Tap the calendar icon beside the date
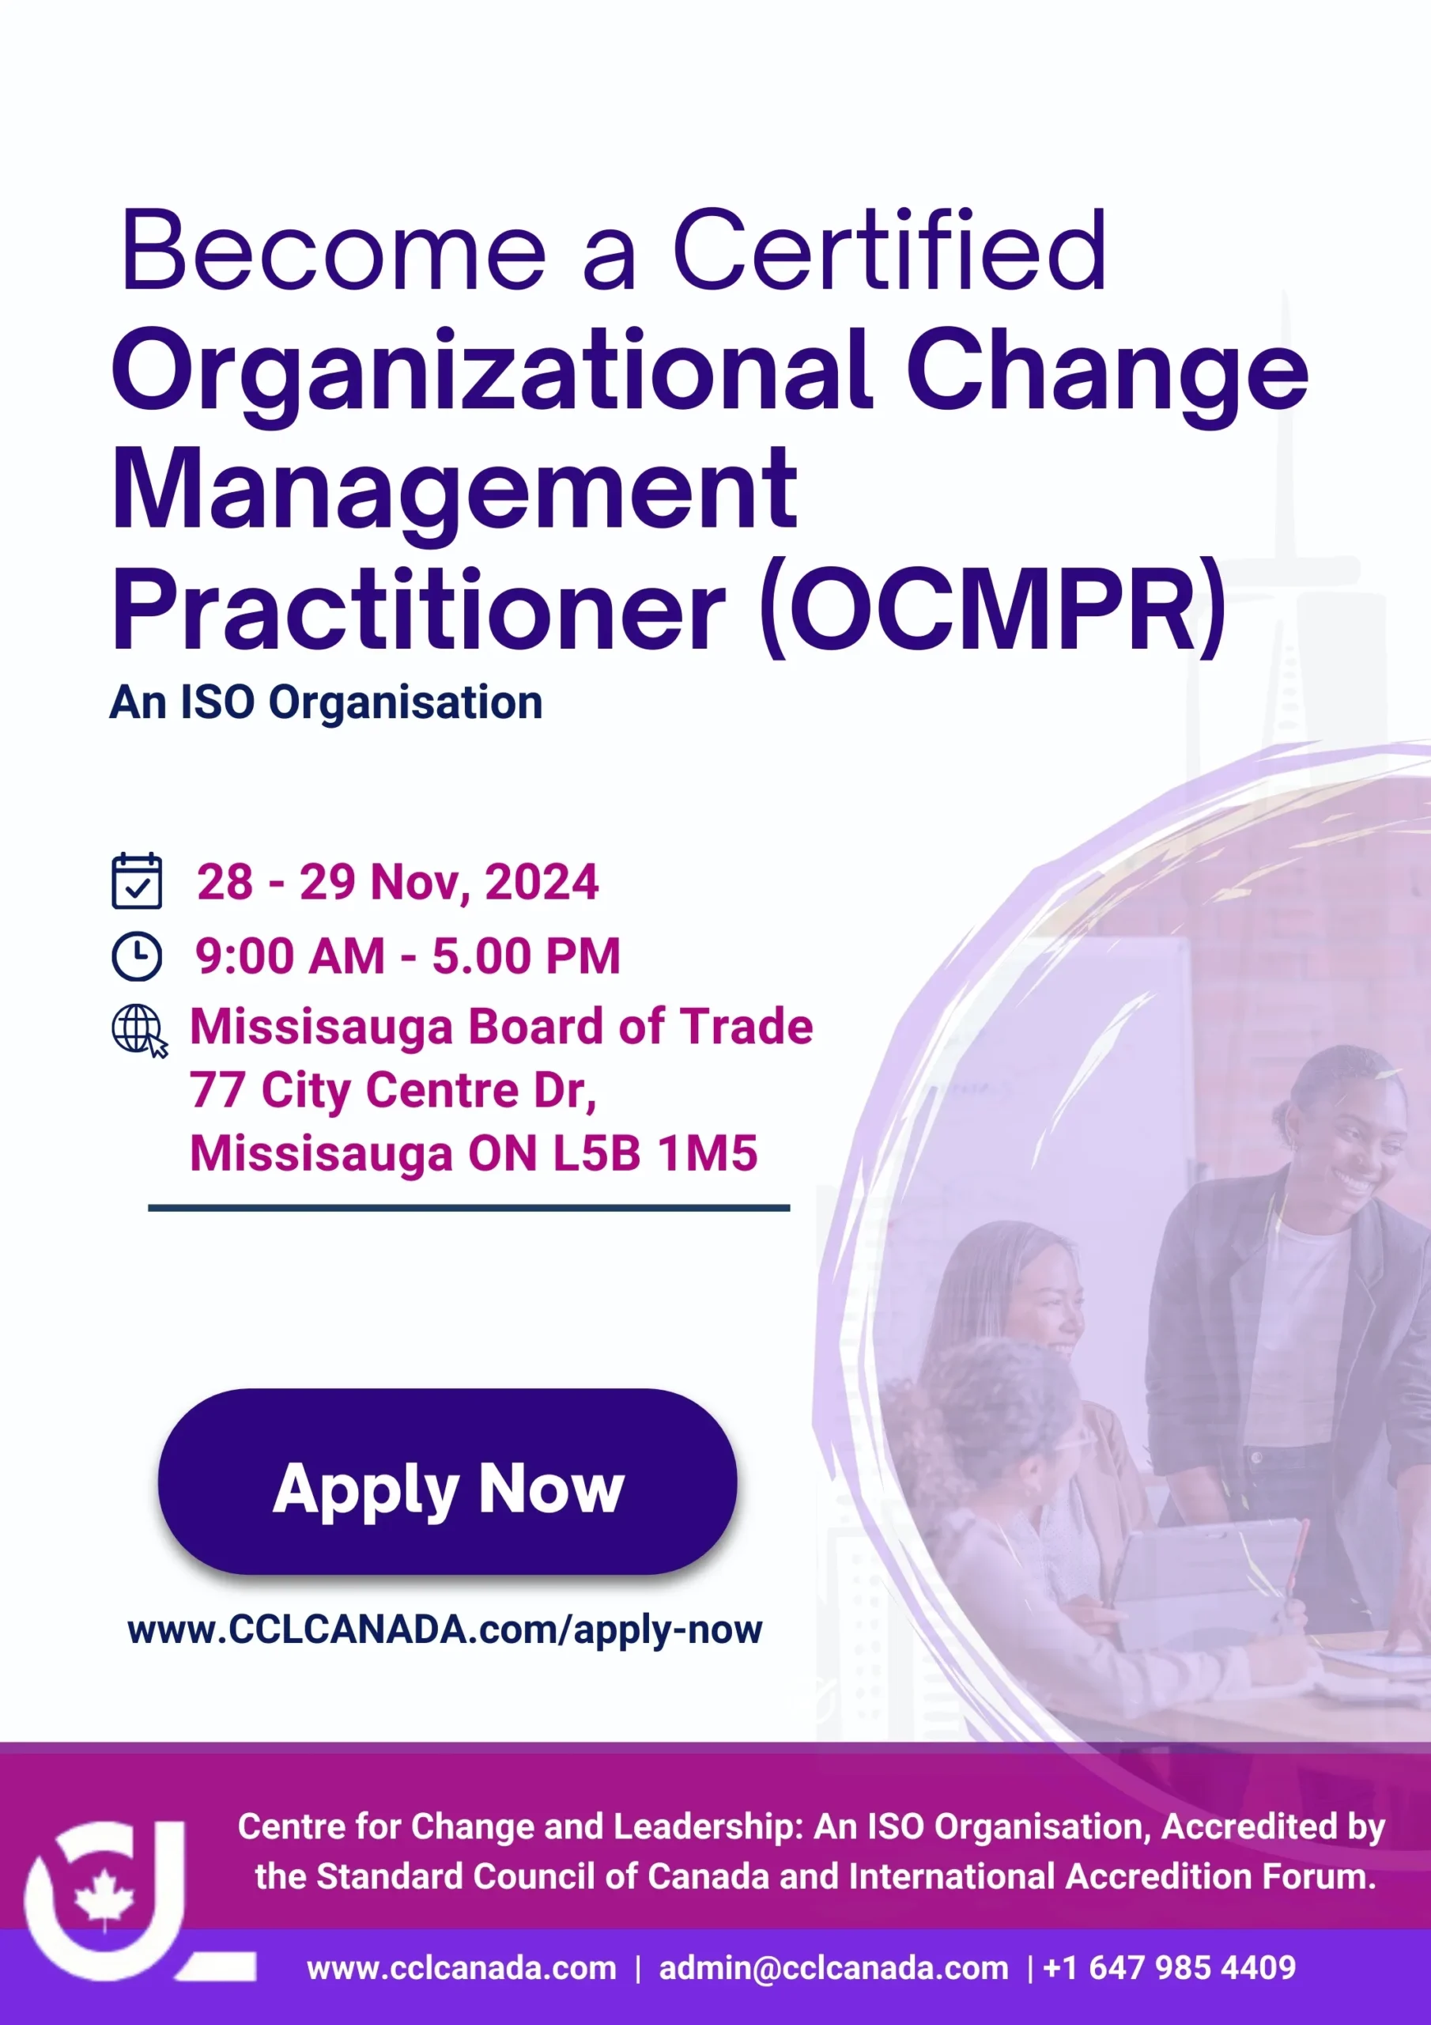coord(137,880)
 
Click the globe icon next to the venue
coord(139,1030)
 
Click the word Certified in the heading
coord(889,250)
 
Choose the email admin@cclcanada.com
coord(833,1968)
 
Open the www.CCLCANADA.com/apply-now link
coord(445,1629)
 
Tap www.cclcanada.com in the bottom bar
coord(461,1968)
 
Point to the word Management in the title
coord(454,490)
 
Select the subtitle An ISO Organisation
coord(327,703)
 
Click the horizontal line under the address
coord(469,1207)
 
